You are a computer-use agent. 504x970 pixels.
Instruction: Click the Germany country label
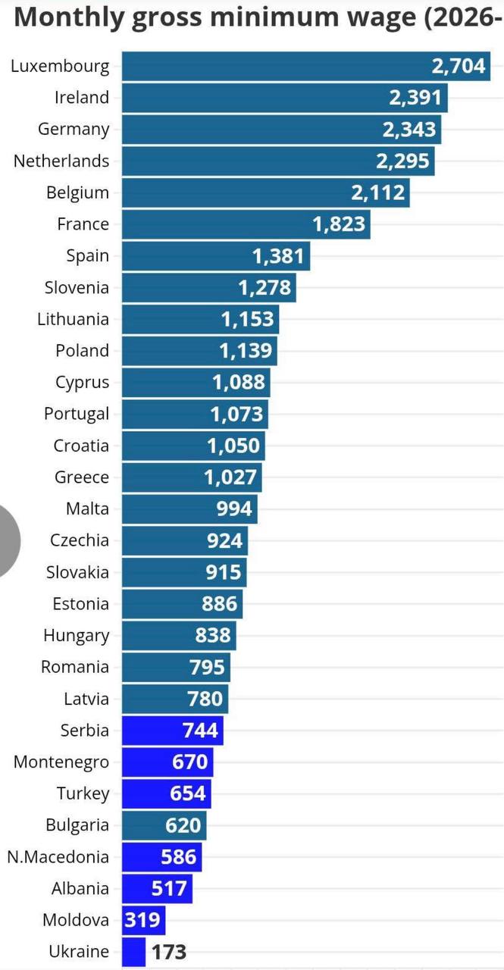[x=74, y=129]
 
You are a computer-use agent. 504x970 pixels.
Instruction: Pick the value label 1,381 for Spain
[x=278, y=256]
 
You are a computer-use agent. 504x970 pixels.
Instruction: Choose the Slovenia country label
[x=77, y=287]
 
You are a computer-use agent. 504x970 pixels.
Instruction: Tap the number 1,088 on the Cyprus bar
[x=239, y=383]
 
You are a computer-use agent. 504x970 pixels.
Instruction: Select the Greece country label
[x=82, y=477]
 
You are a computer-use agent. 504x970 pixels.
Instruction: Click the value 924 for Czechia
[x=225, y=540]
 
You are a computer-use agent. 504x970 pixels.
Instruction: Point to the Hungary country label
[x=77, y=635]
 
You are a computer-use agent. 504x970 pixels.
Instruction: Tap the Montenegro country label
[x=61, y=762]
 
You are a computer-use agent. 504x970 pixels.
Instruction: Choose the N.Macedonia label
[x=58, y=857]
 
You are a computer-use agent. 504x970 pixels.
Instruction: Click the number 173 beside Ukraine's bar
[x=169, y=952]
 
